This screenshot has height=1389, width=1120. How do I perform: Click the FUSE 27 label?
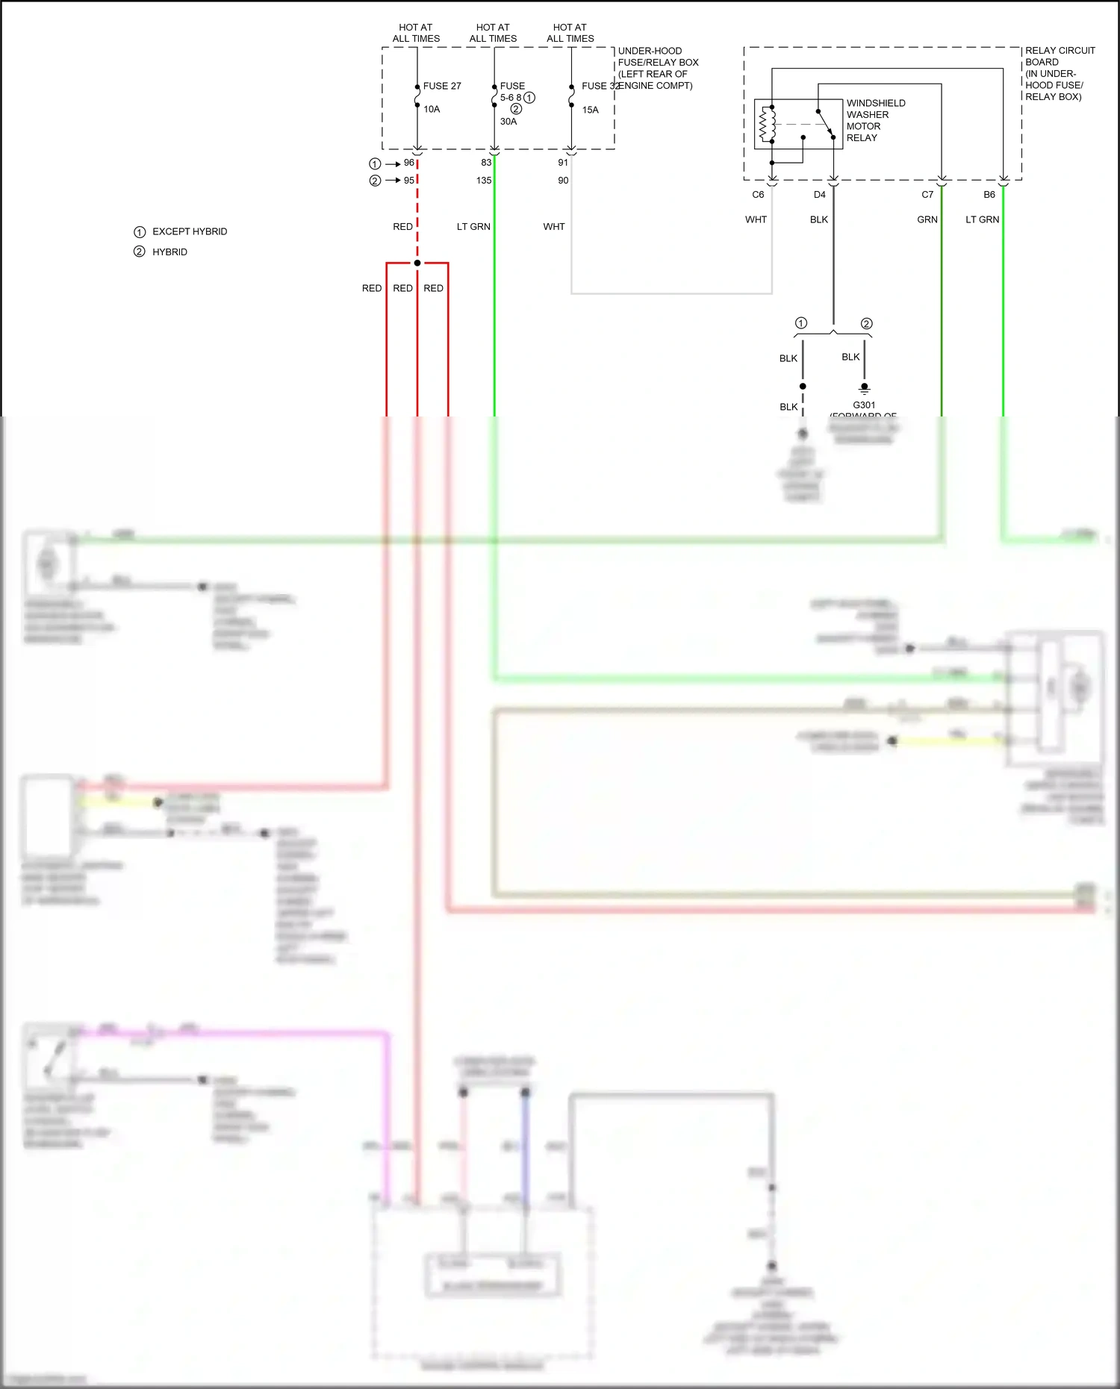[441, 86]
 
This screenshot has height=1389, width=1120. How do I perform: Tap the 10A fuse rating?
[432, 109]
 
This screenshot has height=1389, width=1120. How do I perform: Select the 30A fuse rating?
[508, 122]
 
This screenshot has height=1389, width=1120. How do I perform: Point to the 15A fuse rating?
[590, 110]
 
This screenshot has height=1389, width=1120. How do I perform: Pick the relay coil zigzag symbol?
[763, 124]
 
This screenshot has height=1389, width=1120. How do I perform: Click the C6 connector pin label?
[758, 195]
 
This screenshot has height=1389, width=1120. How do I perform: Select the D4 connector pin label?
[819, 195]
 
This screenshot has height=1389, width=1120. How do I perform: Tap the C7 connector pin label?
[927, 195]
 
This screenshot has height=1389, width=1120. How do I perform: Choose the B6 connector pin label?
[989, 195]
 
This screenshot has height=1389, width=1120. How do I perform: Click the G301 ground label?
[864, 405]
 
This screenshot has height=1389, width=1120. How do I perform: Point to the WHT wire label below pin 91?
[554, 227]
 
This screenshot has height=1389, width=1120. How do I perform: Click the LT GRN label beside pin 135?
[473, 227]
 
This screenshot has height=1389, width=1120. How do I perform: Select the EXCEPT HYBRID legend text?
[190, 231]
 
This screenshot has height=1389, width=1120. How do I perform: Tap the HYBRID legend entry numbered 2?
[169, 252]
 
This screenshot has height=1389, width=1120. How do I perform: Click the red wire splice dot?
[417, 263]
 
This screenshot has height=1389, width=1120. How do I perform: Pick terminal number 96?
[408, 163]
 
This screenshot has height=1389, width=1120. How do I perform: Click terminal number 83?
[486, 163]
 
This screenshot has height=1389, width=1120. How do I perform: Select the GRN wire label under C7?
[927, 219]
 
